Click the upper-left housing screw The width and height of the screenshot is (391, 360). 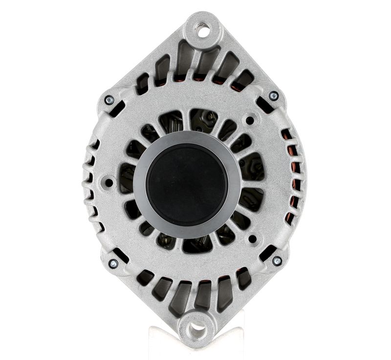pyautogui.click(x=109, y=100)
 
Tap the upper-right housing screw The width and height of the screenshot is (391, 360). pyautogui.click(x=274, y=96)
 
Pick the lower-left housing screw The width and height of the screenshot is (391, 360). pyautogui.click(x=113, y=264)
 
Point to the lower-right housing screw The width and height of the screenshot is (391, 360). pyautogui.click(x=277, y=261)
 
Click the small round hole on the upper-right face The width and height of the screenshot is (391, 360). pyautogui.click(x=250, y=120)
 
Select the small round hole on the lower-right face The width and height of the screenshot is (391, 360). pyautogui.click(x=252, y=240)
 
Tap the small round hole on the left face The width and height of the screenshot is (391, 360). pyautogui.click(x=109, y=182)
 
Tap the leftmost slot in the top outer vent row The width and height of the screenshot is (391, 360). pyautogui.click(x=143, y=84)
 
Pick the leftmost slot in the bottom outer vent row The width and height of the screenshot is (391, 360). pyautogui.click(x=145, y=277)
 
